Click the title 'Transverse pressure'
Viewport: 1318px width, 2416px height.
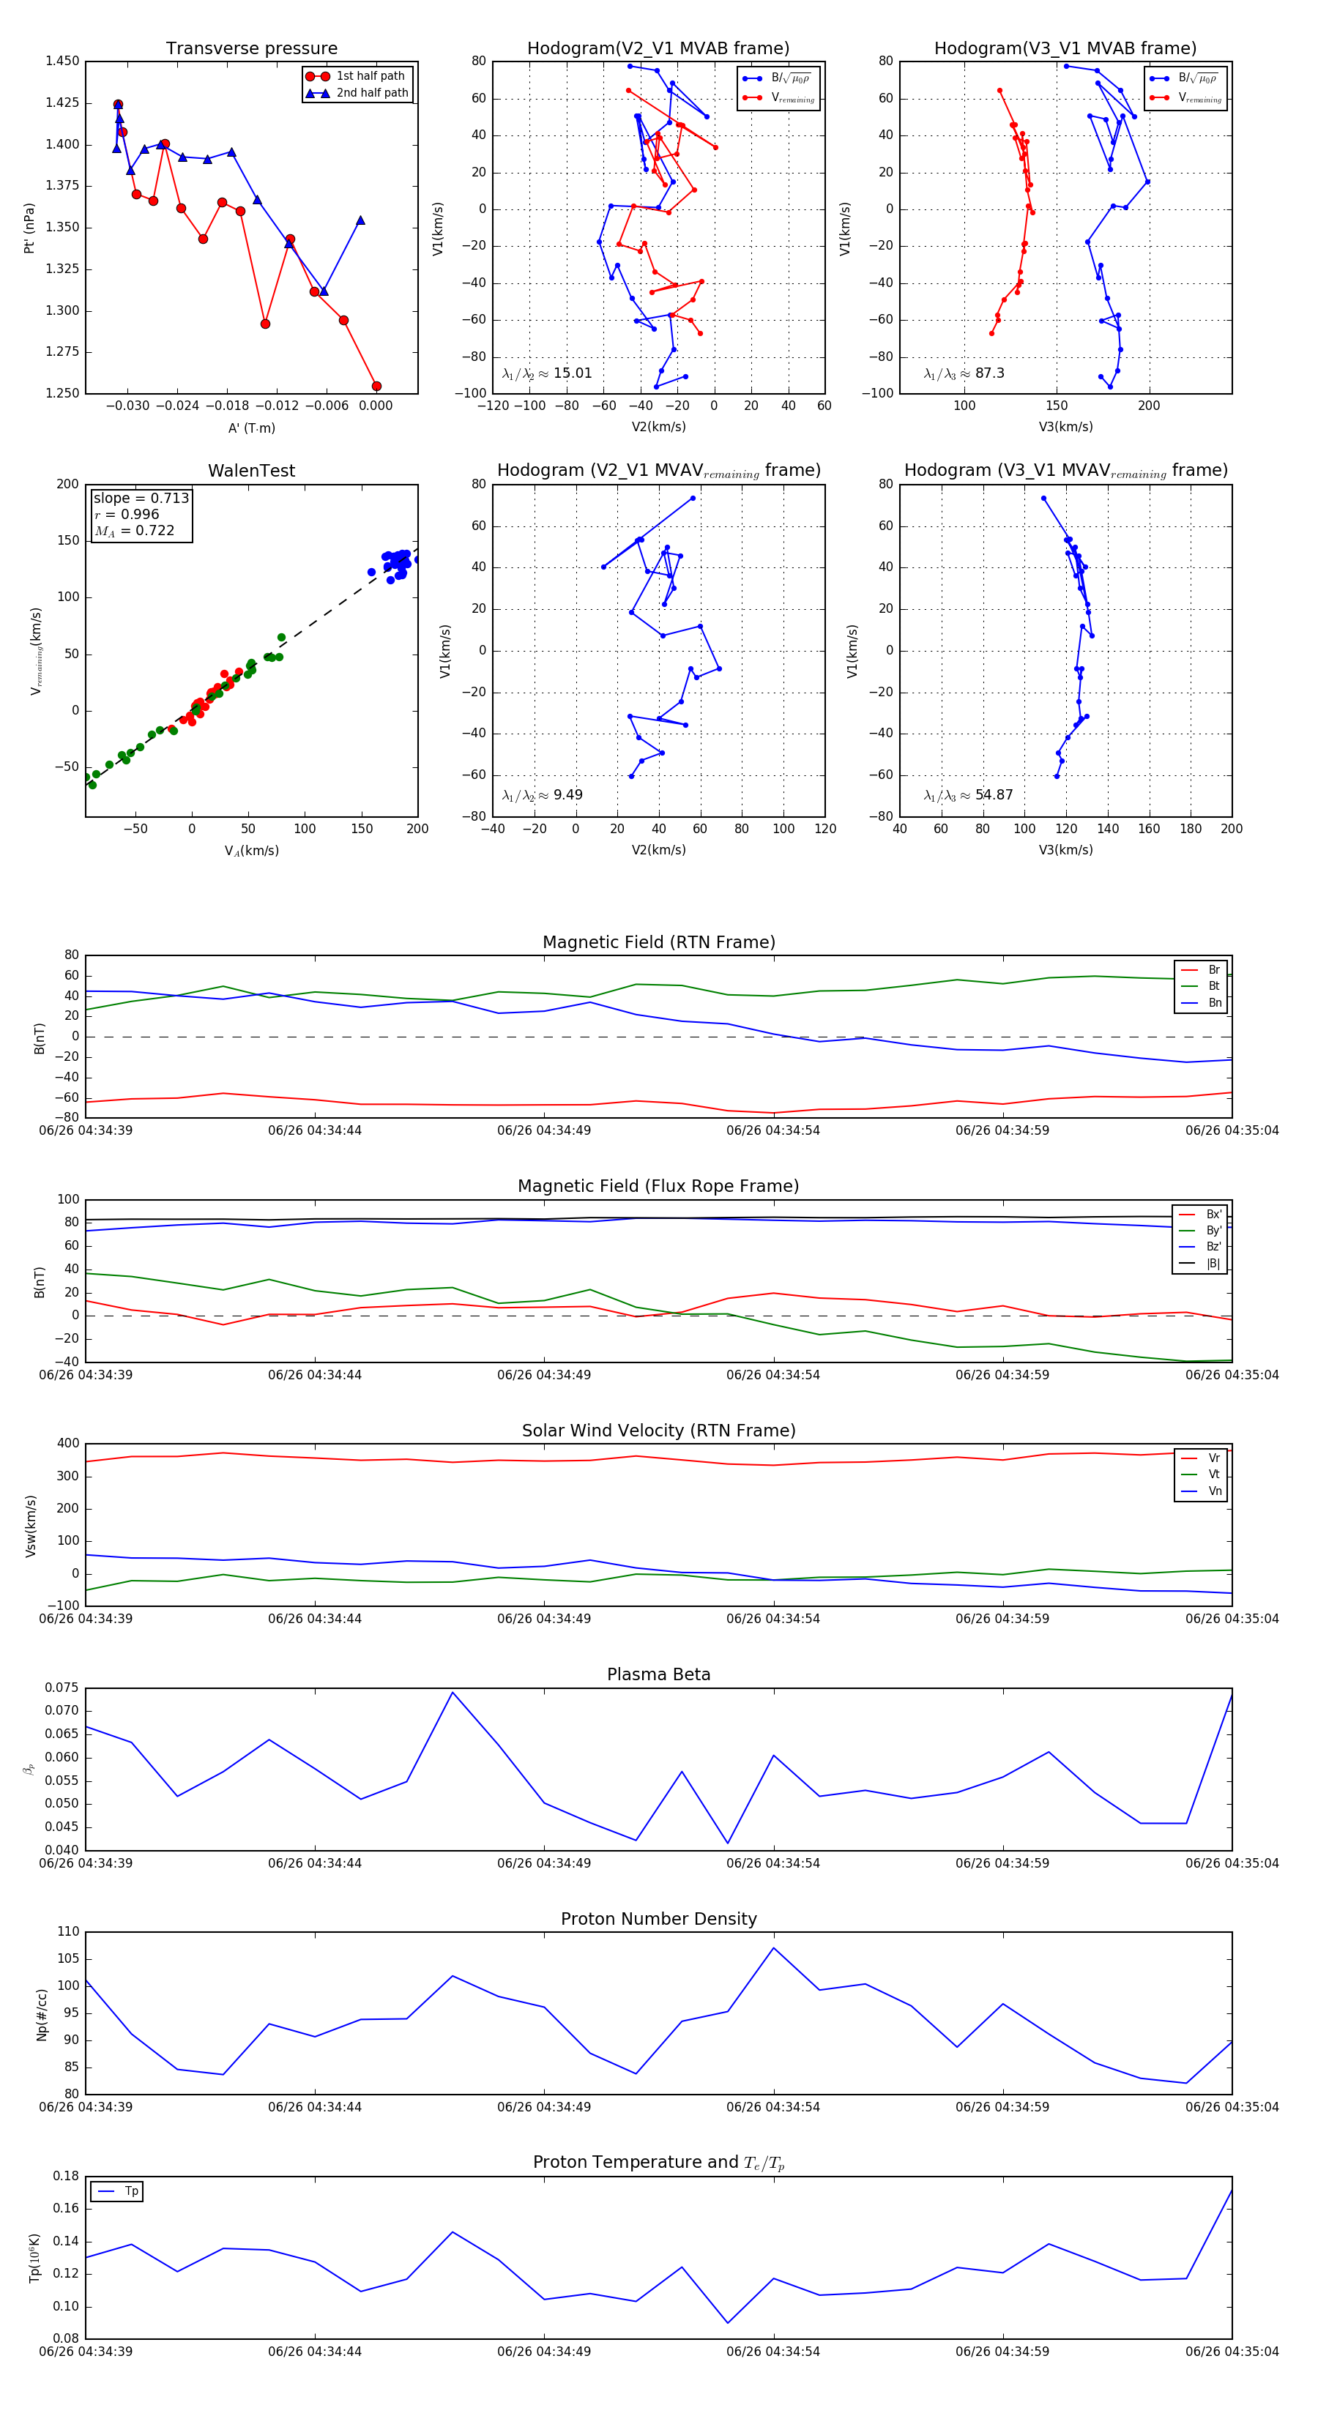pos(251,49)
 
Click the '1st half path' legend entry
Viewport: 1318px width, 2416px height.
pos(370,76)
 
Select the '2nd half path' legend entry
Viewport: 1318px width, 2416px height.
pos(371,93)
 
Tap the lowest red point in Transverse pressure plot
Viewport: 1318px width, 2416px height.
pos(376,386)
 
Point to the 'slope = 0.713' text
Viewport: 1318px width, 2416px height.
pos(141,498)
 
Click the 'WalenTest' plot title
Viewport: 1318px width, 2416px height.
pos(251,471)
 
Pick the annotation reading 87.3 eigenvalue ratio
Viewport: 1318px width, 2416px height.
pos(964,373)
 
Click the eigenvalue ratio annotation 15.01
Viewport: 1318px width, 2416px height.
pos(547,373)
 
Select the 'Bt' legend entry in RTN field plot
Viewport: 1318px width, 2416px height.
pos(1213,985)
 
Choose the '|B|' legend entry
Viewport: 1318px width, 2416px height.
pos(1213,1264)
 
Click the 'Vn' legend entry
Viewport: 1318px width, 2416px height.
pos(1214,1491)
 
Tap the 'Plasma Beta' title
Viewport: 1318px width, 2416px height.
pos(658,1674)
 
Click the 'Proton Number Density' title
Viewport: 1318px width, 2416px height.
pos(658,1919)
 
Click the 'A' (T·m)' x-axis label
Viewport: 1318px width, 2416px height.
pos(251,428)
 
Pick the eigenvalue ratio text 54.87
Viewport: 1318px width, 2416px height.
pos(967,795)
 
